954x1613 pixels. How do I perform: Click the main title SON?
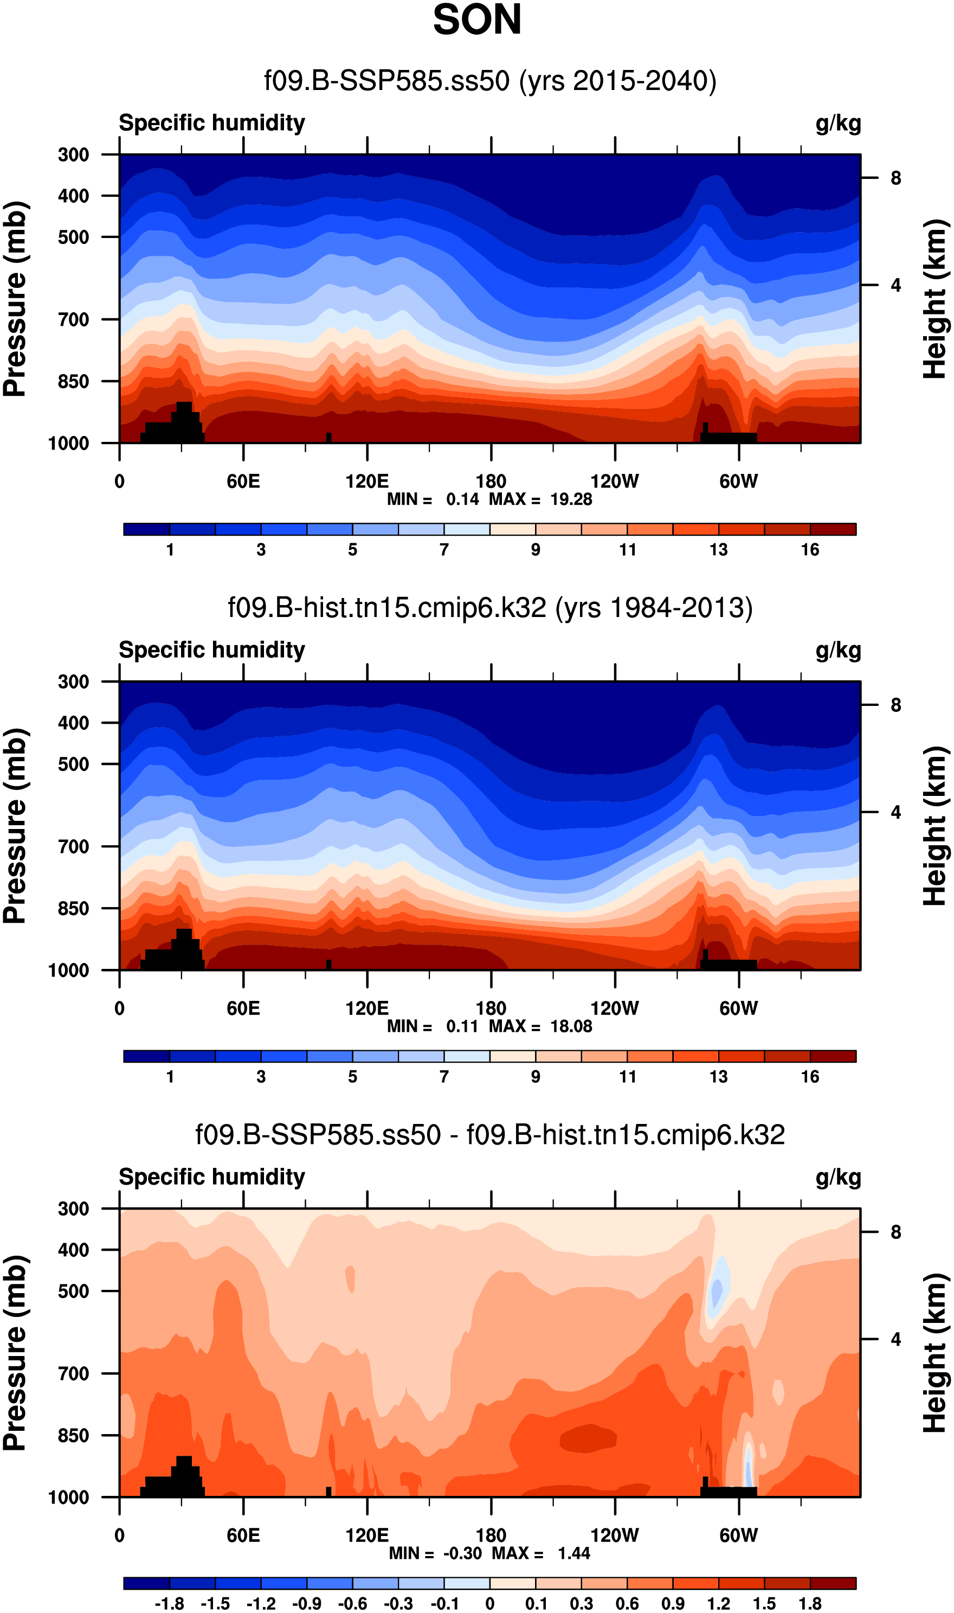(x=476, y=21)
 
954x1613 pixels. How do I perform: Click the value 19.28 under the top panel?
(x=571, y=499)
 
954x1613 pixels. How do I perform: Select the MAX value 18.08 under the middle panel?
(x=571, y=1027)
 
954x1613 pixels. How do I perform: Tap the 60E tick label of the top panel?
(x=243, y=481)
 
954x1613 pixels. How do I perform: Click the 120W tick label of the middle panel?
(x=614, y=1008)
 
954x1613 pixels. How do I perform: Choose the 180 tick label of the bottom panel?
(x=491, y=1535)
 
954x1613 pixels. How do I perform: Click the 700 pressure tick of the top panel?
(x=73, y=319)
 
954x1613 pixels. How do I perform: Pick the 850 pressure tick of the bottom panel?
(x=73, y=1435)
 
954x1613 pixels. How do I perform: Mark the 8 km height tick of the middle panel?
(x=895, y=705)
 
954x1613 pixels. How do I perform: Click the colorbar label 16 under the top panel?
(x=809, y=550)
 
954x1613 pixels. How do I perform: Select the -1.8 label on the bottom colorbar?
(x=169, y=1604)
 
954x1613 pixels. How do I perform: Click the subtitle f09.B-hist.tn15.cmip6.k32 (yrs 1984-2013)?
(x=490, y=608)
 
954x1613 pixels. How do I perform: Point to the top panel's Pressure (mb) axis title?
(x=15, y=299)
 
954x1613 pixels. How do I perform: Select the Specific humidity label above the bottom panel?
(x=211, y=1177)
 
